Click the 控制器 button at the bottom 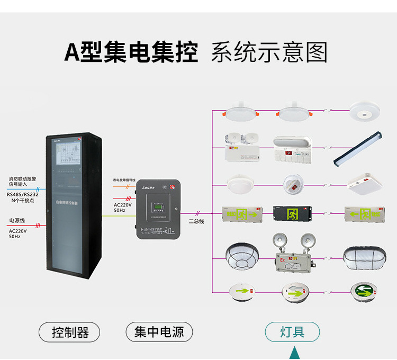coord(69,332)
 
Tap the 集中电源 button coord(159,332)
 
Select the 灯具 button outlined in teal coord(292,332)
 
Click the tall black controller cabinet coord(72,206)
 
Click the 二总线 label coord(196,221)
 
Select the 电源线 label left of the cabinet coord(17,220)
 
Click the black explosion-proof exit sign coord(293,214)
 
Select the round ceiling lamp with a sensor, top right coord(365,112)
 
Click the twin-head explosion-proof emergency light coord(293,254)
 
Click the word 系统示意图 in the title coord(269,53)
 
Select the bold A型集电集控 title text coord(131,53)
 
